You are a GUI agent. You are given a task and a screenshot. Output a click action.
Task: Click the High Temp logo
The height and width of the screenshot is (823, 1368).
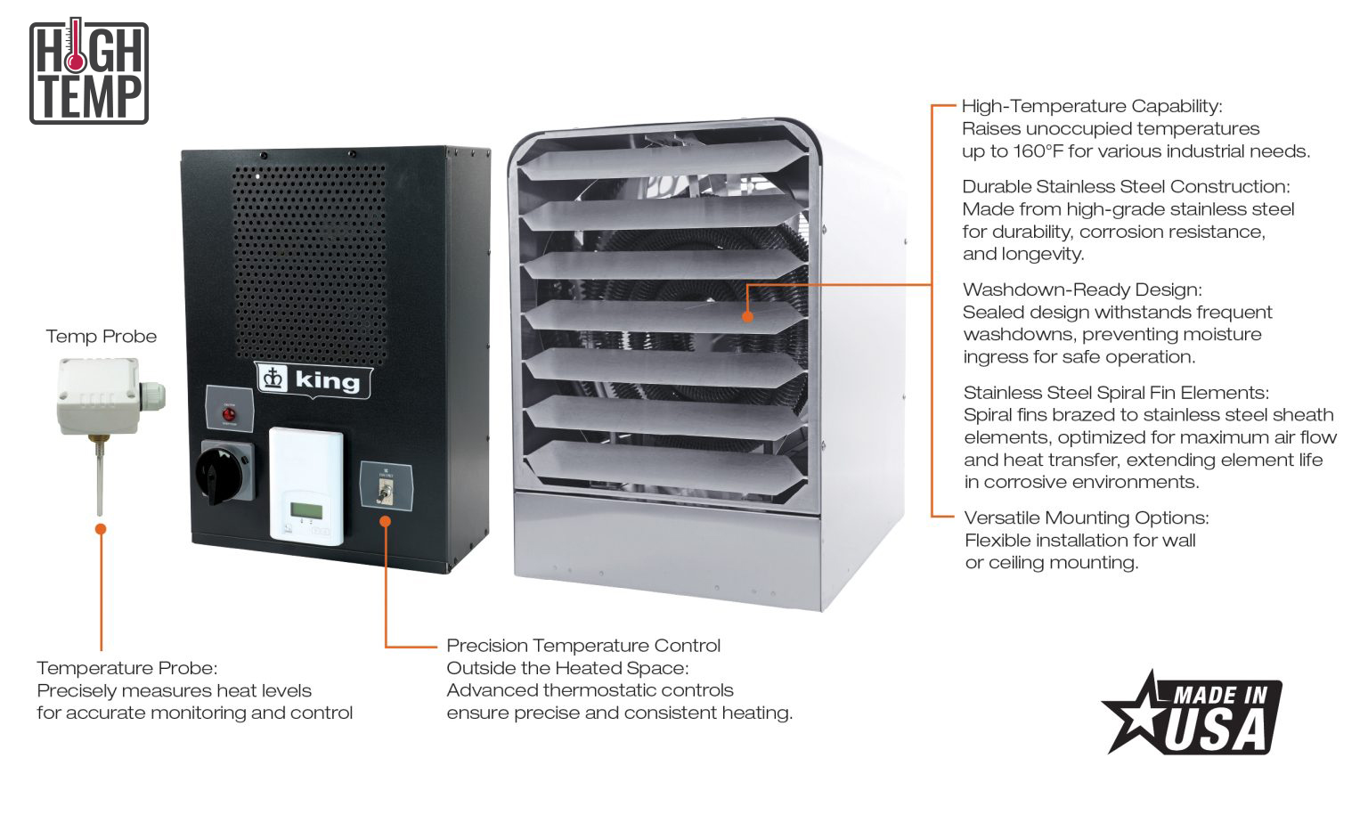click(88, 72)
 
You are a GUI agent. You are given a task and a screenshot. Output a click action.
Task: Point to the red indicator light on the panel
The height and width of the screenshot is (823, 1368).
click(229, 415)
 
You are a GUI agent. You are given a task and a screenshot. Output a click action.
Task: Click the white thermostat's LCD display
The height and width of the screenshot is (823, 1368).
click(305, 510)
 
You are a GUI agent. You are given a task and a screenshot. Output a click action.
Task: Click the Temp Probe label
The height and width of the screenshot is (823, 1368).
click(101, 337)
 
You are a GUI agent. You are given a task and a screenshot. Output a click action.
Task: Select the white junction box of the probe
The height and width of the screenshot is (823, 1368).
click(99, 394)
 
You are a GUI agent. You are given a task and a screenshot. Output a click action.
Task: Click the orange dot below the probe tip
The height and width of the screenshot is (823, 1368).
click(101, 529)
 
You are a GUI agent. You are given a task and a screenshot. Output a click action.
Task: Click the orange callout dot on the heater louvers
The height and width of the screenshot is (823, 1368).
click(747, 316)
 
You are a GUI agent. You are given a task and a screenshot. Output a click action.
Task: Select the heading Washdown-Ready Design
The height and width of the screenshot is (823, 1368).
click(1082, 290)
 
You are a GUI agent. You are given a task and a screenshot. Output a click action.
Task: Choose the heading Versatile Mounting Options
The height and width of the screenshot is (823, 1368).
click(1087, 518)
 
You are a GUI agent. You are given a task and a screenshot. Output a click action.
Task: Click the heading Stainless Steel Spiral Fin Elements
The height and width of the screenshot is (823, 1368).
click(1116, 393)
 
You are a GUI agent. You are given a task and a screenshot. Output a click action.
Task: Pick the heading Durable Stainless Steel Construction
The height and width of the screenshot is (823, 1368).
click(1126, 187)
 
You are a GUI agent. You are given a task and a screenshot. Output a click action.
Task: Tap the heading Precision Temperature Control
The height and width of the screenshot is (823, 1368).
click(583, 646)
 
